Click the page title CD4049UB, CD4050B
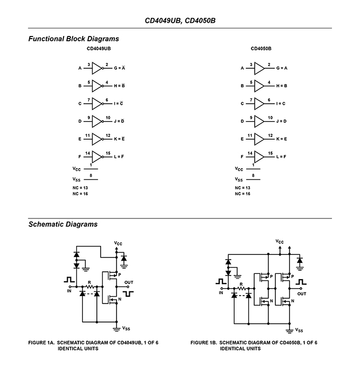180,21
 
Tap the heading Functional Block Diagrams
74,39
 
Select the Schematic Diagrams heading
63,224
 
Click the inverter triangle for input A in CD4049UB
97,68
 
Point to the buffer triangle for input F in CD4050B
259,157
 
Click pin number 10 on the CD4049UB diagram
108,118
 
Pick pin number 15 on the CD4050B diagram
270,153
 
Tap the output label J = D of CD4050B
281,121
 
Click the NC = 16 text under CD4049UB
80,194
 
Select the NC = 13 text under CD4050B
242,188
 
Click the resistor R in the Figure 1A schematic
89,287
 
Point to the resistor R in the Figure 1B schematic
241,288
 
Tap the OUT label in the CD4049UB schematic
129,282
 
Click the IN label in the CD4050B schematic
221,293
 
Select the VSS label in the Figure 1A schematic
126,328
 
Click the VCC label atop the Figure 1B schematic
280,242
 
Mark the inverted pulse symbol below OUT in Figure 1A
128,294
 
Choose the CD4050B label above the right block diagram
261,49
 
